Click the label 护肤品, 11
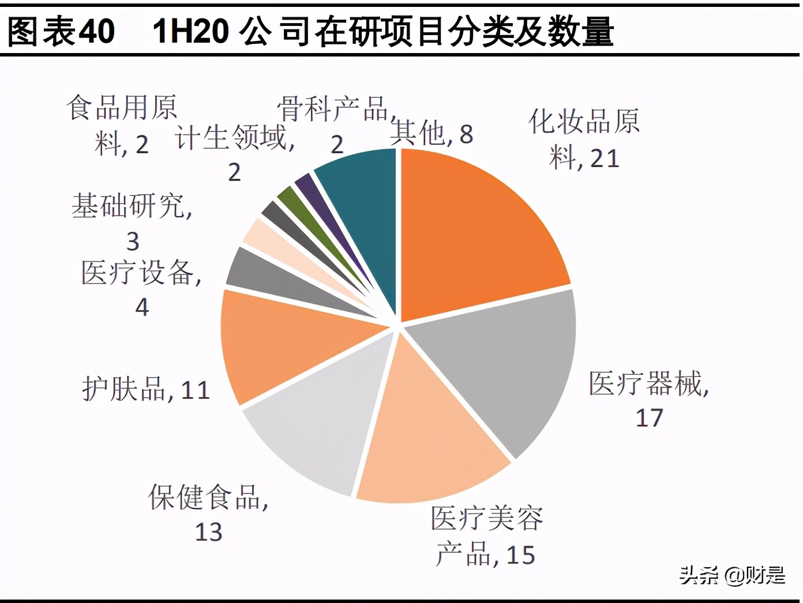coord(145,389)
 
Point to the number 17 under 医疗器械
coord(650,417)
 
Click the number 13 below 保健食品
coord(208,532)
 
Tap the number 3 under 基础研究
coord(133,241)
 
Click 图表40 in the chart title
coord(61,31)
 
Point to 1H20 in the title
coord(190,31)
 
